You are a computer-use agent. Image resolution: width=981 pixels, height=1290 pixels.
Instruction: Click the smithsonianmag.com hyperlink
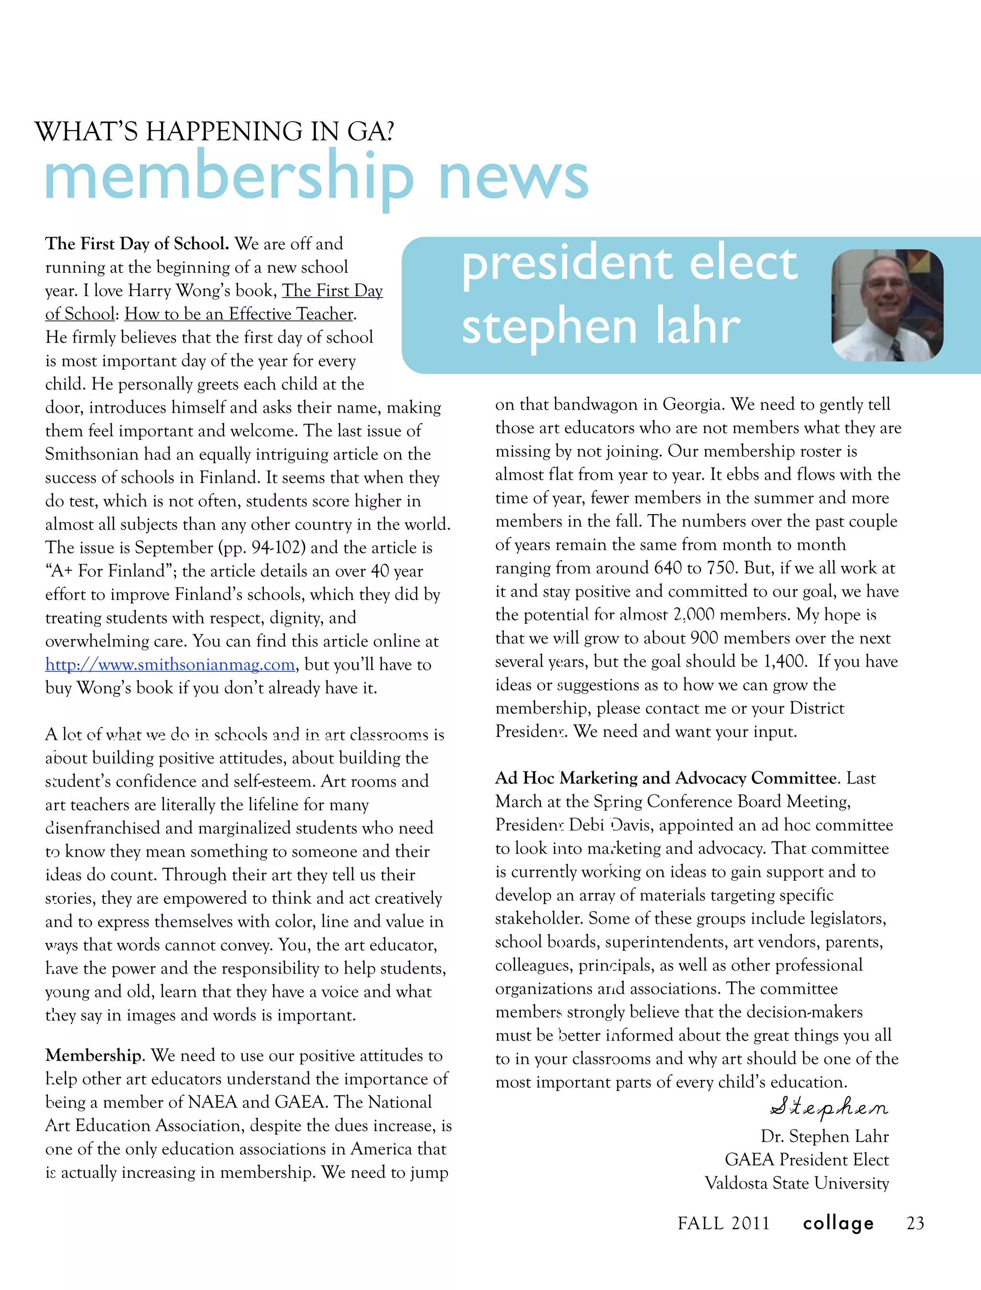(x=170, y=665)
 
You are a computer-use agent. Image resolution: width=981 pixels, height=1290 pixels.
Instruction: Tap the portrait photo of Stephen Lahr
(x=887, y=305)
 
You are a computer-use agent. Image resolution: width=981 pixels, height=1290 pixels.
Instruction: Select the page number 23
(x=915, y=1223)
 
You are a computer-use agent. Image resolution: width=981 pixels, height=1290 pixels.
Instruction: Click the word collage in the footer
(x=838, y=1223)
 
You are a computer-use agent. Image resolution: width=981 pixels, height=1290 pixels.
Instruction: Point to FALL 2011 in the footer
(x=723, y=1223)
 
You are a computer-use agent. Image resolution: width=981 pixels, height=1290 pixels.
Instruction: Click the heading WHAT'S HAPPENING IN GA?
(x=214, y=131)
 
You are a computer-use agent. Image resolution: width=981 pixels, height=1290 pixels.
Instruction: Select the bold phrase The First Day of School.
(x=137, y=243)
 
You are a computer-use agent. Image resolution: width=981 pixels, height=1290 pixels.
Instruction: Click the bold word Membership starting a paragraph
(x=93, y=1055)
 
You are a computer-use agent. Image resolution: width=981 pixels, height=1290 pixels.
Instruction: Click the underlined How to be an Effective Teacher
(x=239, y=314)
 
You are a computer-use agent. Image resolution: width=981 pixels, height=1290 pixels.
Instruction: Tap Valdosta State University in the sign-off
(x=797, y=1183)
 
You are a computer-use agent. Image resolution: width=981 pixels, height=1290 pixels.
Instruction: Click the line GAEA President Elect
(x=807, y=1160)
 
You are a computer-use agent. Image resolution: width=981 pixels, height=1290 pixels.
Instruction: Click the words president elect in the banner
(x=629, y=263)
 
